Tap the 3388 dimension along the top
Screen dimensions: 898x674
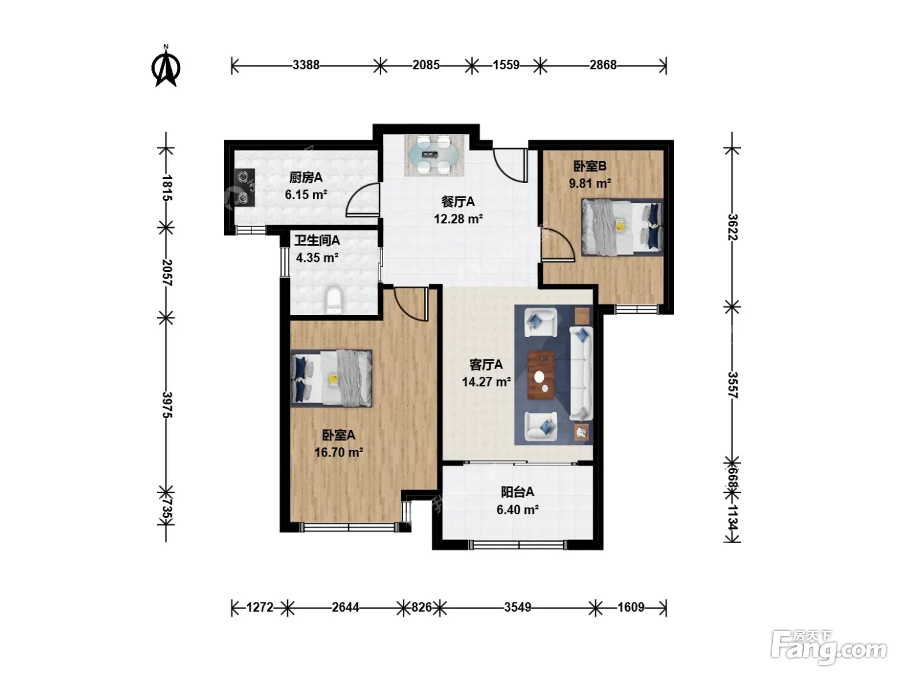click(305, 65)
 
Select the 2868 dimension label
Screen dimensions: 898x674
click(602, 65)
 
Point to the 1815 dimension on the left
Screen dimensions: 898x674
click(167, 187)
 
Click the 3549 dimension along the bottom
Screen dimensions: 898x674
click(518, 607)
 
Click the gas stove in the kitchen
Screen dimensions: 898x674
click(244, 187)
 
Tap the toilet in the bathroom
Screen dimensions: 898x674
click(334, 301)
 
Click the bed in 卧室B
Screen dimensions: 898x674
click(622, 227)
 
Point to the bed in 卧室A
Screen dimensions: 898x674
click(332, 378)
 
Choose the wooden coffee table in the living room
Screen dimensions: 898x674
click(541, 374)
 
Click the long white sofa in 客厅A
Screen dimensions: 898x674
click(581, 373)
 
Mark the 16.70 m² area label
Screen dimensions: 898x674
click(339, 452)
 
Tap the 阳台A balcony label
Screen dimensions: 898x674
click(518, 492)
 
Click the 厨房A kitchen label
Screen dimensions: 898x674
click(305, 177)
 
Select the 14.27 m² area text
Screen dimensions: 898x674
click(486, 381)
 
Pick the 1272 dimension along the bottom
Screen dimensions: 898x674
click(259, 607)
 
